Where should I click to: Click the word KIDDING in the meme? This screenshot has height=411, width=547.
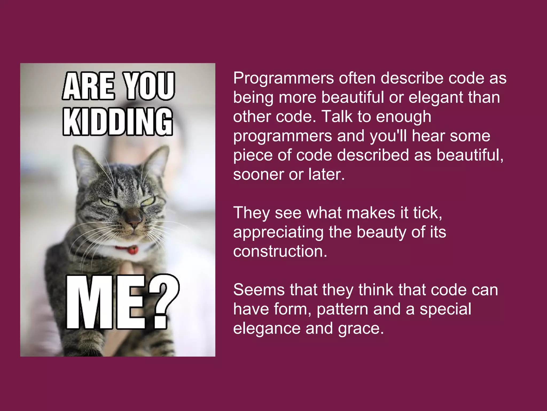118,122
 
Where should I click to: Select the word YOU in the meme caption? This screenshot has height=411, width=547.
149,86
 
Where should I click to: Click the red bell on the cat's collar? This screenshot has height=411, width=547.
133,250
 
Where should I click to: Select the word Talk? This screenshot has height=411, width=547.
337,117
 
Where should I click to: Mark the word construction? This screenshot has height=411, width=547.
280,251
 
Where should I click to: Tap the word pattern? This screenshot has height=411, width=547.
342,309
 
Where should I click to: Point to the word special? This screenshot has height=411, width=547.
445,309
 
